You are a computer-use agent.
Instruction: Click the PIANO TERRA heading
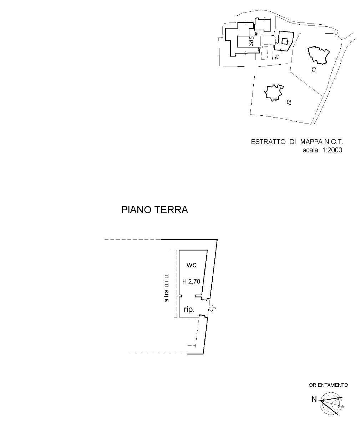(x=154, y=210)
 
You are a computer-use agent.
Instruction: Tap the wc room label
(x=191, y=265)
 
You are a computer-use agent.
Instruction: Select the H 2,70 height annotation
(x=191, y=281)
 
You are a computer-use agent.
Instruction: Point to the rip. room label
(x=189, y=310)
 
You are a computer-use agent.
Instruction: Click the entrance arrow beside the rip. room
(x=212, y=309)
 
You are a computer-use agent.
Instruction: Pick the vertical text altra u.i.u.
(x=167, y=288)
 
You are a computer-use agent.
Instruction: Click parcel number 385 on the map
(x=251, y=41)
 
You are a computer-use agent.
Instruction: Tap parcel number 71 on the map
(x=277, y=57)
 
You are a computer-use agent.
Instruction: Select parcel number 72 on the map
(x=289, y=102)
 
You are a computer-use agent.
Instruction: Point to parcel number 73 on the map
(x=314, y=70)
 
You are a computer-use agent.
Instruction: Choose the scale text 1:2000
(x=332, y=150)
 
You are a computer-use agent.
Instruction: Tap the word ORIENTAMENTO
(x=328, y=385)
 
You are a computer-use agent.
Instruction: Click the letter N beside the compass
(x=314, y=399)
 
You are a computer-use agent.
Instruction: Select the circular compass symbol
(x=331, y=403)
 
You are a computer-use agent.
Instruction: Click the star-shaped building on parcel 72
(x=274, y=93)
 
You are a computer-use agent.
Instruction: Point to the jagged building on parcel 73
(x=319, y=55)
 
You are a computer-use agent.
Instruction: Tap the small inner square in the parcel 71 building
(x=285, y=41)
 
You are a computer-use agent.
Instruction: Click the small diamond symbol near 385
(x=256, y=34)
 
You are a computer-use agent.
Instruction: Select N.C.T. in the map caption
(x=334, y=142)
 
